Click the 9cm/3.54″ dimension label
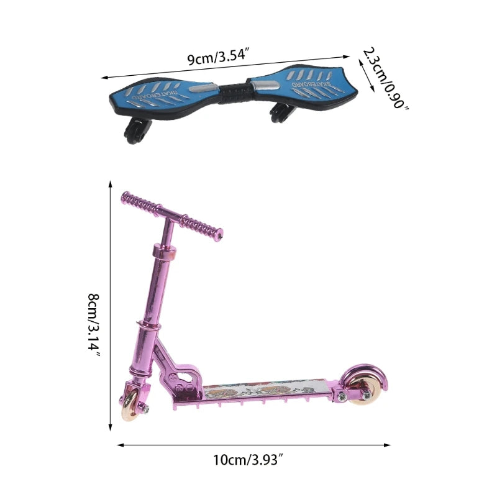217,58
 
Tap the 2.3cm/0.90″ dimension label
385,78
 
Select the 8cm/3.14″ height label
94,326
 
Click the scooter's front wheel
130,406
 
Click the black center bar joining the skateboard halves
234,92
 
